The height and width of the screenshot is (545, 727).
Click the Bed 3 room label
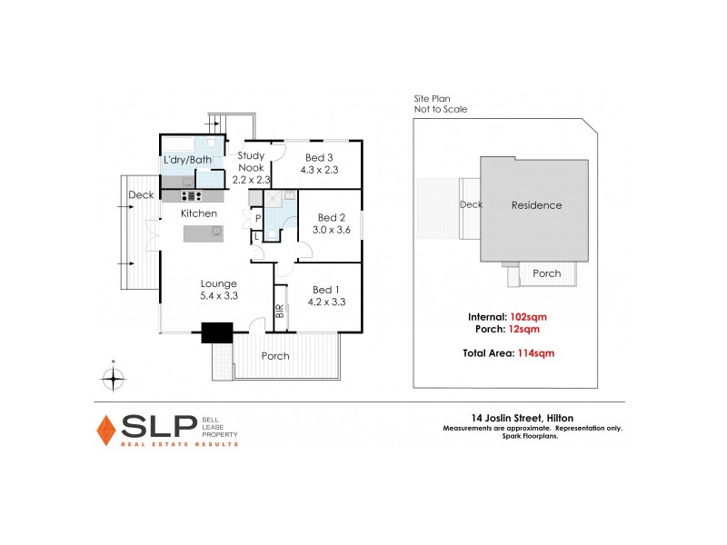tap(318, 163)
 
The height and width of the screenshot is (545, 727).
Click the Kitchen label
tap(199, 213)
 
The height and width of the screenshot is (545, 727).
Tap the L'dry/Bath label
tap(187, 161)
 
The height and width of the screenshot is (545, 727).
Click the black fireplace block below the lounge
tap(217, 333)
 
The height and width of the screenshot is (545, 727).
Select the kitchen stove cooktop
tap(191, 195)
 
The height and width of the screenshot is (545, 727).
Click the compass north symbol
tap(112, 379)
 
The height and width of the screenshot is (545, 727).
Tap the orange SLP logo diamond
tap(106, 430)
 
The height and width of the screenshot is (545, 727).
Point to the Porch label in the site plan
tap(547, 273)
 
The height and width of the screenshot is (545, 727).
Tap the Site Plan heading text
tap(432, 98)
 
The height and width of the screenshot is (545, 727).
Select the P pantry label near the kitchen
tap(258, 219)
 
